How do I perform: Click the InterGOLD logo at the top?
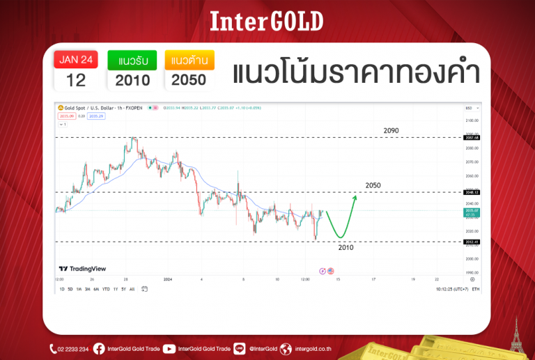tap(267, 21)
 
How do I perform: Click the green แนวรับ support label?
tap(132, 60)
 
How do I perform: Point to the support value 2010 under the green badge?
tap(132, 79)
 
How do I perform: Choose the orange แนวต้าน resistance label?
tap(188, 60)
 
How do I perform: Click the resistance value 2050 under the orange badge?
tap(188, 79)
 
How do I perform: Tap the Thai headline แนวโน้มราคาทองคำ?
tap(355, 72)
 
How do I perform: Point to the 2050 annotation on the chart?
tap(373, 185)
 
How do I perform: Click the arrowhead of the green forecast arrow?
tap(355, 198)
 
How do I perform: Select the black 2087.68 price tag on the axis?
tap(472, 138)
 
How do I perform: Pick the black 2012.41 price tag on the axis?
tap(472, 242)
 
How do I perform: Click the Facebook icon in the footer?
tap(99, 349)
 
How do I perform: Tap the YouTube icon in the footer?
tap(169, 349)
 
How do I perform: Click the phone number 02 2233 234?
tap(72, 349)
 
